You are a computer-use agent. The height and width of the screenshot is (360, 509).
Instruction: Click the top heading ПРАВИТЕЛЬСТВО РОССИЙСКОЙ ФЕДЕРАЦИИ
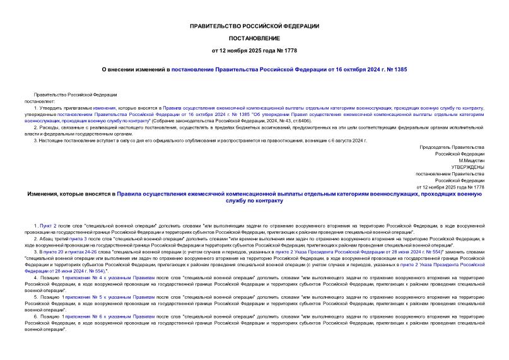(x=254, y=26)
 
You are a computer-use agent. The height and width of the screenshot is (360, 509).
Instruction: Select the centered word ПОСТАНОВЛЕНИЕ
(x=254, y=38)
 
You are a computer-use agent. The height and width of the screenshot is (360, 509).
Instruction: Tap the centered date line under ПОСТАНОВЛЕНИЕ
(x=254, y=50)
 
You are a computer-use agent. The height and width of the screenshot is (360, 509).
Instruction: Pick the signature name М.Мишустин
(x=469, y=160)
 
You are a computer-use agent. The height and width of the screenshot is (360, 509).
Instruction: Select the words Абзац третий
(x=55, y=240)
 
